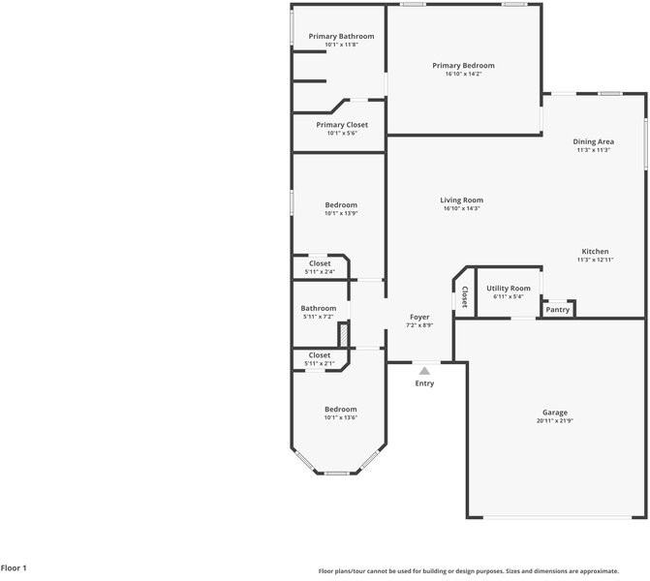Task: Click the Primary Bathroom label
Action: (341, 37)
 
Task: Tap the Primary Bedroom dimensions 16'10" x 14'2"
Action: (463, 74)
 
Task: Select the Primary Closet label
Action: (342, 125)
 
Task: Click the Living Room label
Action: (461, 200)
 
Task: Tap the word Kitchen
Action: (595, 252)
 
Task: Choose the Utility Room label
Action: (509, 289)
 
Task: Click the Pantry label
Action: (557, 310)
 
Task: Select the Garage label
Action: (554, 413)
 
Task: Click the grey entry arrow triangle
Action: (424, 370)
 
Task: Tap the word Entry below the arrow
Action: (424, 383)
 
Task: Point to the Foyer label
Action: (419, 317)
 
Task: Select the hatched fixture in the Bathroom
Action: (342, 333)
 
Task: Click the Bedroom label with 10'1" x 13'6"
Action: (340, 410)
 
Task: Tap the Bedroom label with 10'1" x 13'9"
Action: (340, 205)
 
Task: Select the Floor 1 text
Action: (15, 568)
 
